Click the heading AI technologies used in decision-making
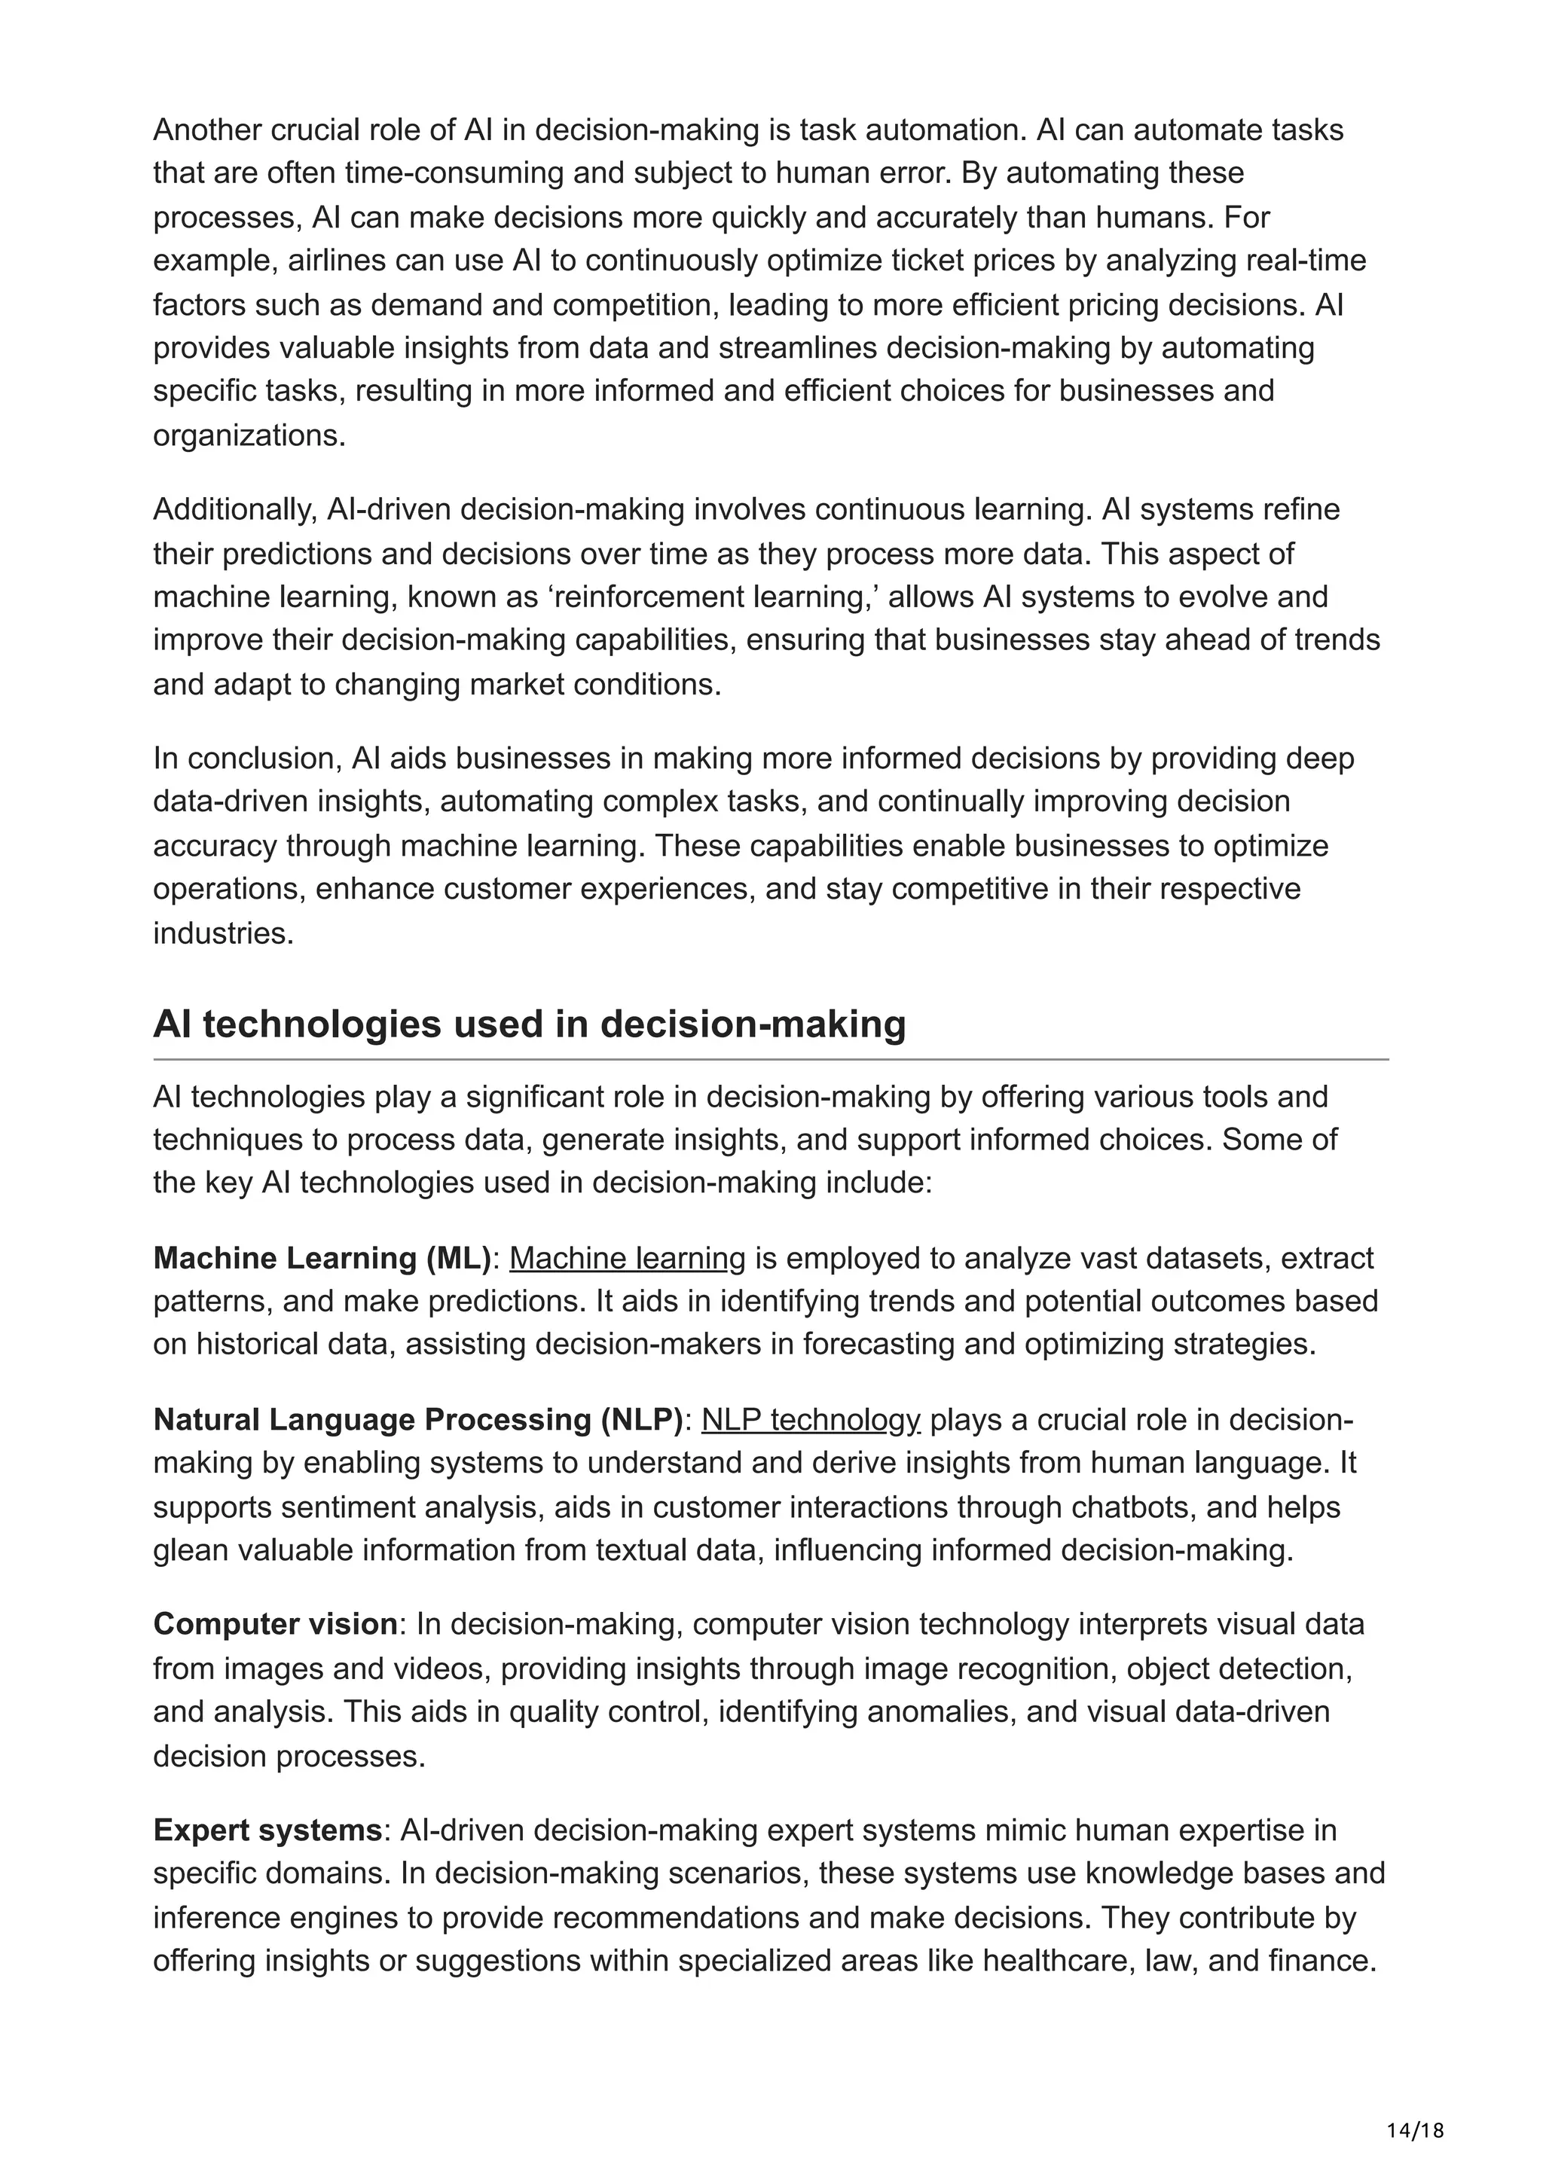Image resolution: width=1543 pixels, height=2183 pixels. coord(530,1024)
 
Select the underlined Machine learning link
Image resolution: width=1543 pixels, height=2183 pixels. coord(628,1258)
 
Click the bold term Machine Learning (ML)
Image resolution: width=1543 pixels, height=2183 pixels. coord(322,1258)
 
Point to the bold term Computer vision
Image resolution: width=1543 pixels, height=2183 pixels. coord(276,1624)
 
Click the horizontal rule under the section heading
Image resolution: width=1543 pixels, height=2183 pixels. coord(770,1059)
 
